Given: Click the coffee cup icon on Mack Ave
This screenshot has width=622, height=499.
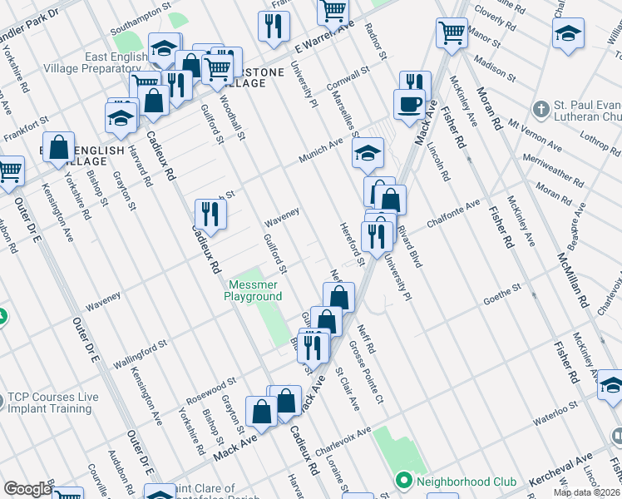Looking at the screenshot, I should (408, 105).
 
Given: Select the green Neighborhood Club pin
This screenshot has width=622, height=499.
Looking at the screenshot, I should (404, 482).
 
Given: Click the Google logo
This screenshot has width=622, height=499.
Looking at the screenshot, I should (27, 489).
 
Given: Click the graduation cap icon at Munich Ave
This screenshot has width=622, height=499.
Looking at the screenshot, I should (368, 153).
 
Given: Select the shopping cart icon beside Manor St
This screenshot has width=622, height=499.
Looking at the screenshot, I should (452, 33).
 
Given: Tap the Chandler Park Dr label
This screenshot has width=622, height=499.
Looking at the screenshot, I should (31, 16).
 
